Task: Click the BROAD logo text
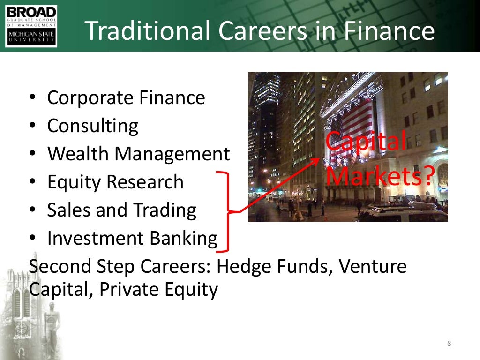click(x=31, y=12)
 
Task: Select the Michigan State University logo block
click(x=31, y=36)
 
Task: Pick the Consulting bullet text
click(x=93, y=126)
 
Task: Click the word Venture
click(x=373, y=267)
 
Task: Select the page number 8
click(x=449, y=344)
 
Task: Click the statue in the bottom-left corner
click(x=51, y=323)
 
